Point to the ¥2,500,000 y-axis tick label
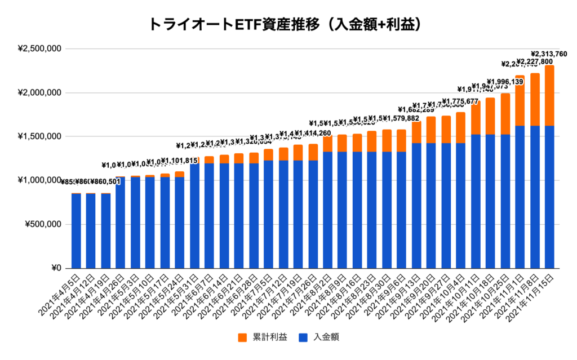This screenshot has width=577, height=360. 39,48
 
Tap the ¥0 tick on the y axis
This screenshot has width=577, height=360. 54,268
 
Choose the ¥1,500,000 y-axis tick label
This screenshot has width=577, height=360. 39,136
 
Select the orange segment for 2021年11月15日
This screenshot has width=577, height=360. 549,95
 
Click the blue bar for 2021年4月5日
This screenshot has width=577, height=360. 76,231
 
